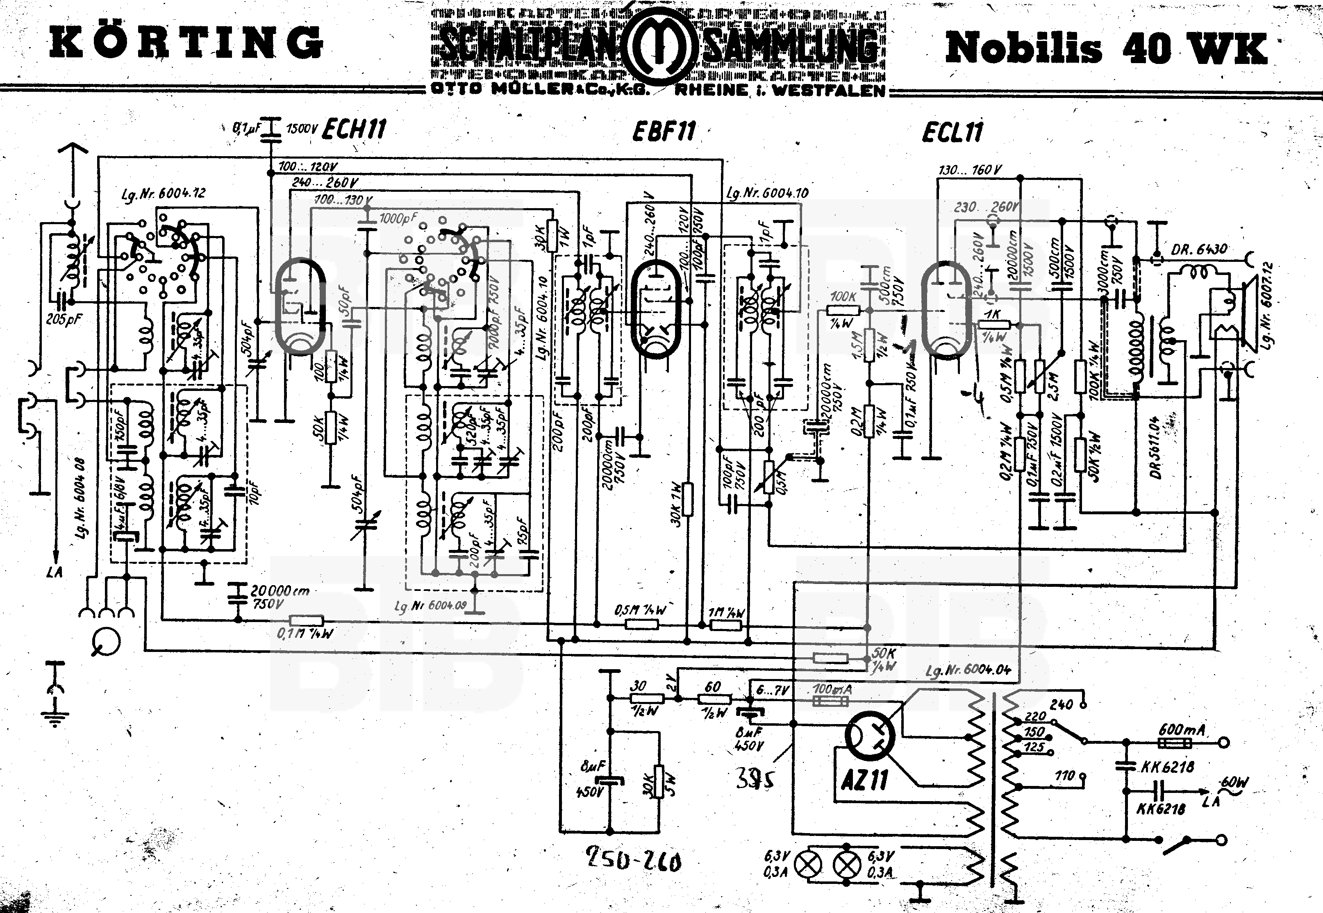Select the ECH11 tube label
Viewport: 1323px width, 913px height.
354,129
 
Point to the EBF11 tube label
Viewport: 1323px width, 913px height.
664,132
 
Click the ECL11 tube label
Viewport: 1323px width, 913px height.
952,133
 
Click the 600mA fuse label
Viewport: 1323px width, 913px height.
1182,730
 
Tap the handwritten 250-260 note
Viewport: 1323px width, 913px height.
633,860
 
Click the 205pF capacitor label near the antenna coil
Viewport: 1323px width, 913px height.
64,319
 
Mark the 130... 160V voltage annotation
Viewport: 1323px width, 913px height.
970,170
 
